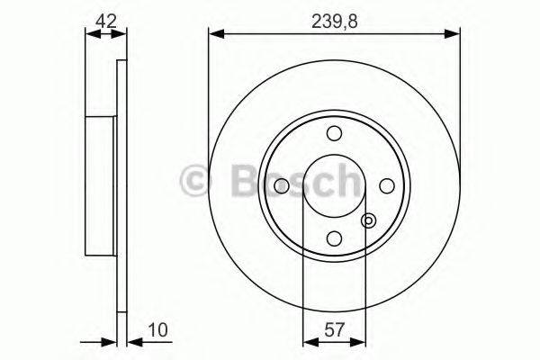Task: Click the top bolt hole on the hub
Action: tap(334, 133)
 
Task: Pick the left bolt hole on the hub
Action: tap(282, 185)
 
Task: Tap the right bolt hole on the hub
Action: tap(387, 185)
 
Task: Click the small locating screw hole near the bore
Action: tap(367, 220)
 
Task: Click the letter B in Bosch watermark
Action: tap(235, 184)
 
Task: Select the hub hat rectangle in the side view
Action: tap(102, 185)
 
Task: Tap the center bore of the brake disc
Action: tap(334, 185)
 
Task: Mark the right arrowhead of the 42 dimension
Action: tap(123, 35)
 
